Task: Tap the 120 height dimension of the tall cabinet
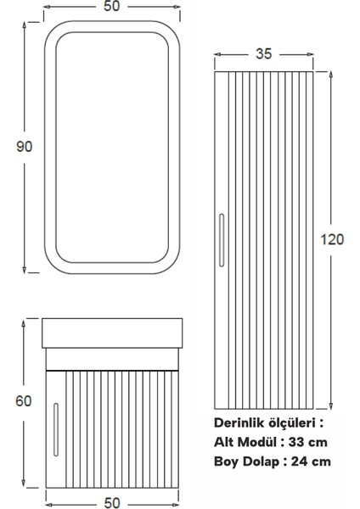click(x=333, y=239)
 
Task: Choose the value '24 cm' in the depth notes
click(x=307, y=461)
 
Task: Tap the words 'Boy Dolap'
click(x=247, y=461)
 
